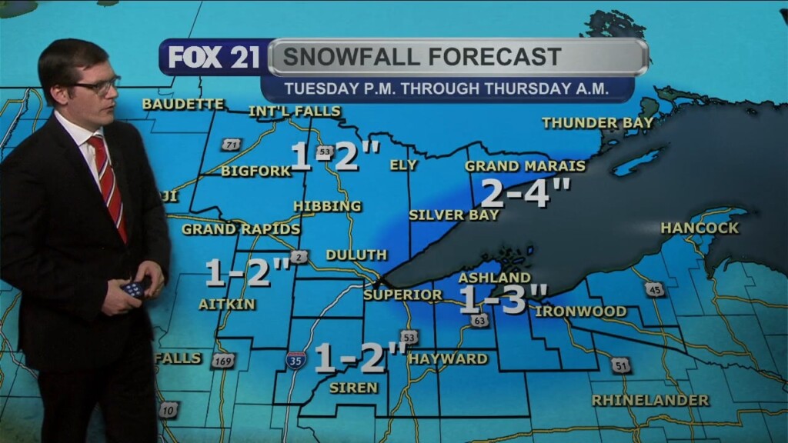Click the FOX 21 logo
(x=214, y=58)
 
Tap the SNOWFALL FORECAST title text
(x=422, y=57)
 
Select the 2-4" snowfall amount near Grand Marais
(x=526, y=192)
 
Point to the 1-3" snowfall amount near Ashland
(x=503, y=299)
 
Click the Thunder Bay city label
(x=597, y=122)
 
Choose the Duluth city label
(x=356, y=255)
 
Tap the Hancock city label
(x=699, y=228)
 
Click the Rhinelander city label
(x=650, y=400)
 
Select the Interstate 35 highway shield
(x=295, y=360)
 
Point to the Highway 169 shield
(x=222, y=360)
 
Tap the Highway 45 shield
(x=654, y=289)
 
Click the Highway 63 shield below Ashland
(x=480, y=320)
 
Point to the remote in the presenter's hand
(x=133, y=288)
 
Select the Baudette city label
(x=183, y=104)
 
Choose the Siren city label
(x=353, y=388)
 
